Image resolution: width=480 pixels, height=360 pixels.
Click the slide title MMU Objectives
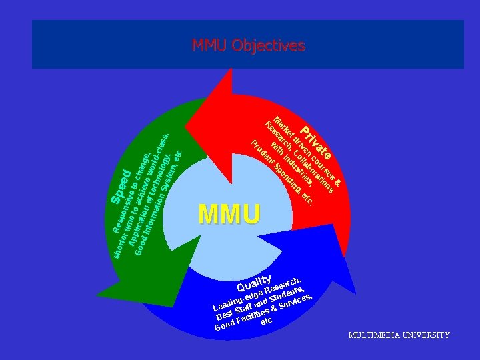(248, 45)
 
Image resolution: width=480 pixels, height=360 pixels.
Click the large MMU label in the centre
(229, 214)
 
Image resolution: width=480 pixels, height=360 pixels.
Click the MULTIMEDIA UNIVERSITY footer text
(399, 335)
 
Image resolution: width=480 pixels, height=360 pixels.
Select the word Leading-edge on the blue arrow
(237, 299)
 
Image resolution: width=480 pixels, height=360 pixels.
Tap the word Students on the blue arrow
(285, 292)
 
